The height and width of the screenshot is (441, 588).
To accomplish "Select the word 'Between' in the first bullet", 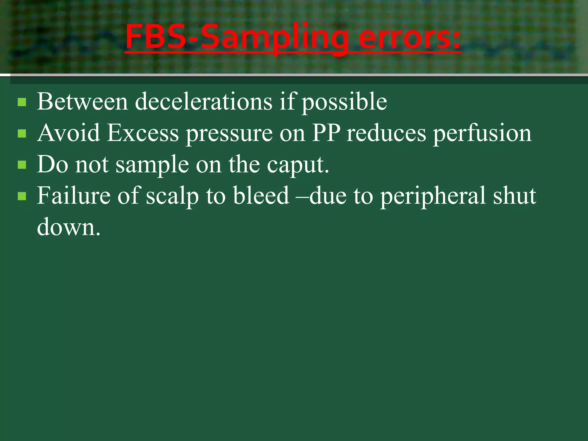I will (x=82, y=102).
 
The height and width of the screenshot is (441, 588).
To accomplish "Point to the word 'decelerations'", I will (x=204, y=102).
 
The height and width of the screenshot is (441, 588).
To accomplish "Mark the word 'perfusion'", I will (x=482, y=134).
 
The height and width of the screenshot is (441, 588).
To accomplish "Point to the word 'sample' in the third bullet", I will (x=152, y=165).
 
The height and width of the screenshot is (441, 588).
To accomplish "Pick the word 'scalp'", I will (x=172, y=196).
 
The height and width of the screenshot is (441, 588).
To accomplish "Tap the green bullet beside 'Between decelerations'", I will (x=22, y=102).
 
